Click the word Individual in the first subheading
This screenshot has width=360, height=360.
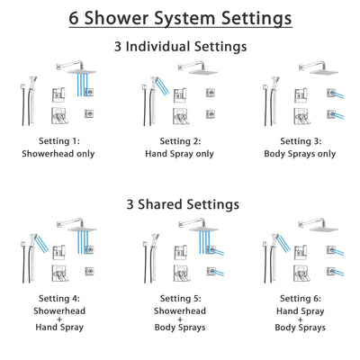pyautogui.click(x=172, y=46)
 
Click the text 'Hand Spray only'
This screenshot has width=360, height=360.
pyautogui.click(x=179, y=154)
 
